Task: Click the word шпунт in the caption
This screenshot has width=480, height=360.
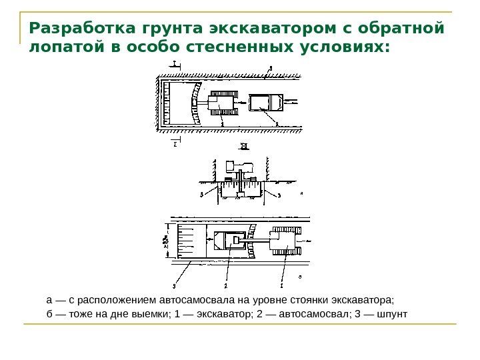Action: (x=392, y=313)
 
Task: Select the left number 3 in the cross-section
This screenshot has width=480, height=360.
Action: (x=201, y=195)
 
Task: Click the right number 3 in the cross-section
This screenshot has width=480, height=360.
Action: (x=279, y=195)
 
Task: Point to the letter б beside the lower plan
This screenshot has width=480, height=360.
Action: (x=300, y=275)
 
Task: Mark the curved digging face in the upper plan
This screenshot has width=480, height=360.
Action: (x=195, y=103)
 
